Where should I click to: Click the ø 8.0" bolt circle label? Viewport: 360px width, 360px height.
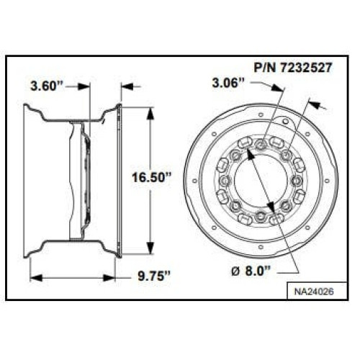tap(251, 271)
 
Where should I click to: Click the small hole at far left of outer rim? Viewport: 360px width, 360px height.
tap(194, 180)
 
